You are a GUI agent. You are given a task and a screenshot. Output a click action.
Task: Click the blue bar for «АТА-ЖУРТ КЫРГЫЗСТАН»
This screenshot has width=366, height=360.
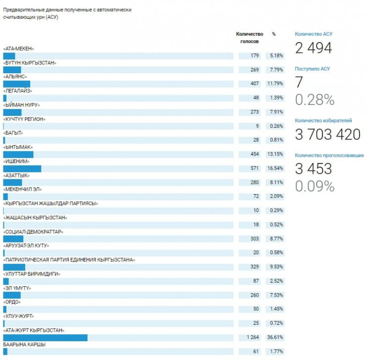(x=45, y=338)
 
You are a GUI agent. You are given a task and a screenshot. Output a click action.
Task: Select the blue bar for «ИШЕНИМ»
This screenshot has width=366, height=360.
(x=22, y=169)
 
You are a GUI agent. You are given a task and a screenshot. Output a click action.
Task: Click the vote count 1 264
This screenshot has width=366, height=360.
(x=252, y=338)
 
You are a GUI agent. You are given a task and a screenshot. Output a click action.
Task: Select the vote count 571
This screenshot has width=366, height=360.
(x=254, y=168)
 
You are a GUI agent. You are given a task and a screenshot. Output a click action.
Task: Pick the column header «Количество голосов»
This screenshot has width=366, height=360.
(x=250, y=38)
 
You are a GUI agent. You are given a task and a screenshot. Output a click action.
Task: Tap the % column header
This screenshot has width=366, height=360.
(x=274, y=34)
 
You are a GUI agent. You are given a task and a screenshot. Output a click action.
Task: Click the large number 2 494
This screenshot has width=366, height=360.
(x=314, y=48)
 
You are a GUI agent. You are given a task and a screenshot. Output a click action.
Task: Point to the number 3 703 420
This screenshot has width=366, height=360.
(x=327, y=134)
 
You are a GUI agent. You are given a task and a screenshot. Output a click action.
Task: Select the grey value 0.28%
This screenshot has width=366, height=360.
(x=315, y=100)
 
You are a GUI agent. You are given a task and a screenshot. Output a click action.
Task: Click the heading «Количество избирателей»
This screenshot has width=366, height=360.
(x=323, y=120)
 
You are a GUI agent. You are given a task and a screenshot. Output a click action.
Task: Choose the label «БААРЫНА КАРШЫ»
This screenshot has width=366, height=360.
(x=25, y=344)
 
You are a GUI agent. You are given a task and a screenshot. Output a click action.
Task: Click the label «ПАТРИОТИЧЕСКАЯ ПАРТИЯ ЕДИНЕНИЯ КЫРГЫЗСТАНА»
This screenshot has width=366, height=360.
(x=69, y=259)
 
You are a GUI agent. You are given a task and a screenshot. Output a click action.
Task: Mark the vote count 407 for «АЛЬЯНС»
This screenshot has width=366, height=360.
(x=254, y=84)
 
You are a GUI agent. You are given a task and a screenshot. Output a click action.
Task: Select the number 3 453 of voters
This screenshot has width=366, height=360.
(x=314, y=168)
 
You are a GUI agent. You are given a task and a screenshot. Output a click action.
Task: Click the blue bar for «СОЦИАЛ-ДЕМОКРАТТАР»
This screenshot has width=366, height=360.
(x=13, y=239)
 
